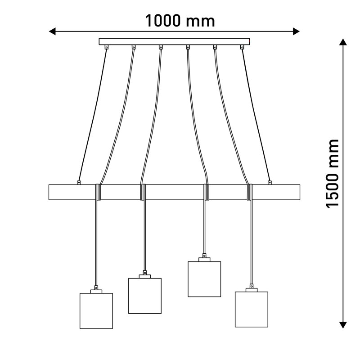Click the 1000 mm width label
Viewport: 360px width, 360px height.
180,21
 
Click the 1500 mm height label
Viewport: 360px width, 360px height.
333,173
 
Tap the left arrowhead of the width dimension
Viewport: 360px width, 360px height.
52,31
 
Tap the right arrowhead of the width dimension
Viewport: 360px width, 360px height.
296,31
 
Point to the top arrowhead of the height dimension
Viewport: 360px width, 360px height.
343,42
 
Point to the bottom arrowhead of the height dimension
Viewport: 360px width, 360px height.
343,325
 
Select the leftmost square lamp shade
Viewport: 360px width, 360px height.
96,311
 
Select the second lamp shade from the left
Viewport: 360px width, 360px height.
145,296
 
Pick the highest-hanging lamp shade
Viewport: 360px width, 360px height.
204,279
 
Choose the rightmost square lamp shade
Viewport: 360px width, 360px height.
252,309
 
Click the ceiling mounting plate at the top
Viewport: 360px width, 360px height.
174,41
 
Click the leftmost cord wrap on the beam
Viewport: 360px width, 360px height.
98,192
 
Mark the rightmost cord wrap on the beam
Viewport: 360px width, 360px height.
250,192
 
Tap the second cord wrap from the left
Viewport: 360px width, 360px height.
143,192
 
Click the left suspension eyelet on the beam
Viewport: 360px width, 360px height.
79,183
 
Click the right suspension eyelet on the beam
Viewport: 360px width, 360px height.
270,183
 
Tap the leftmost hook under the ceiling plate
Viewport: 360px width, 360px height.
107,47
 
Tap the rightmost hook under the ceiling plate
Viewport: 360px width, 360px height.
242,47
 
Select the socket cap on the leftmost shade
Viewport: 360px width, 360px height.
96,291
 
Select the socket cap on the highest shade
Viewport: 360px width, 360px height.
204,260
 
